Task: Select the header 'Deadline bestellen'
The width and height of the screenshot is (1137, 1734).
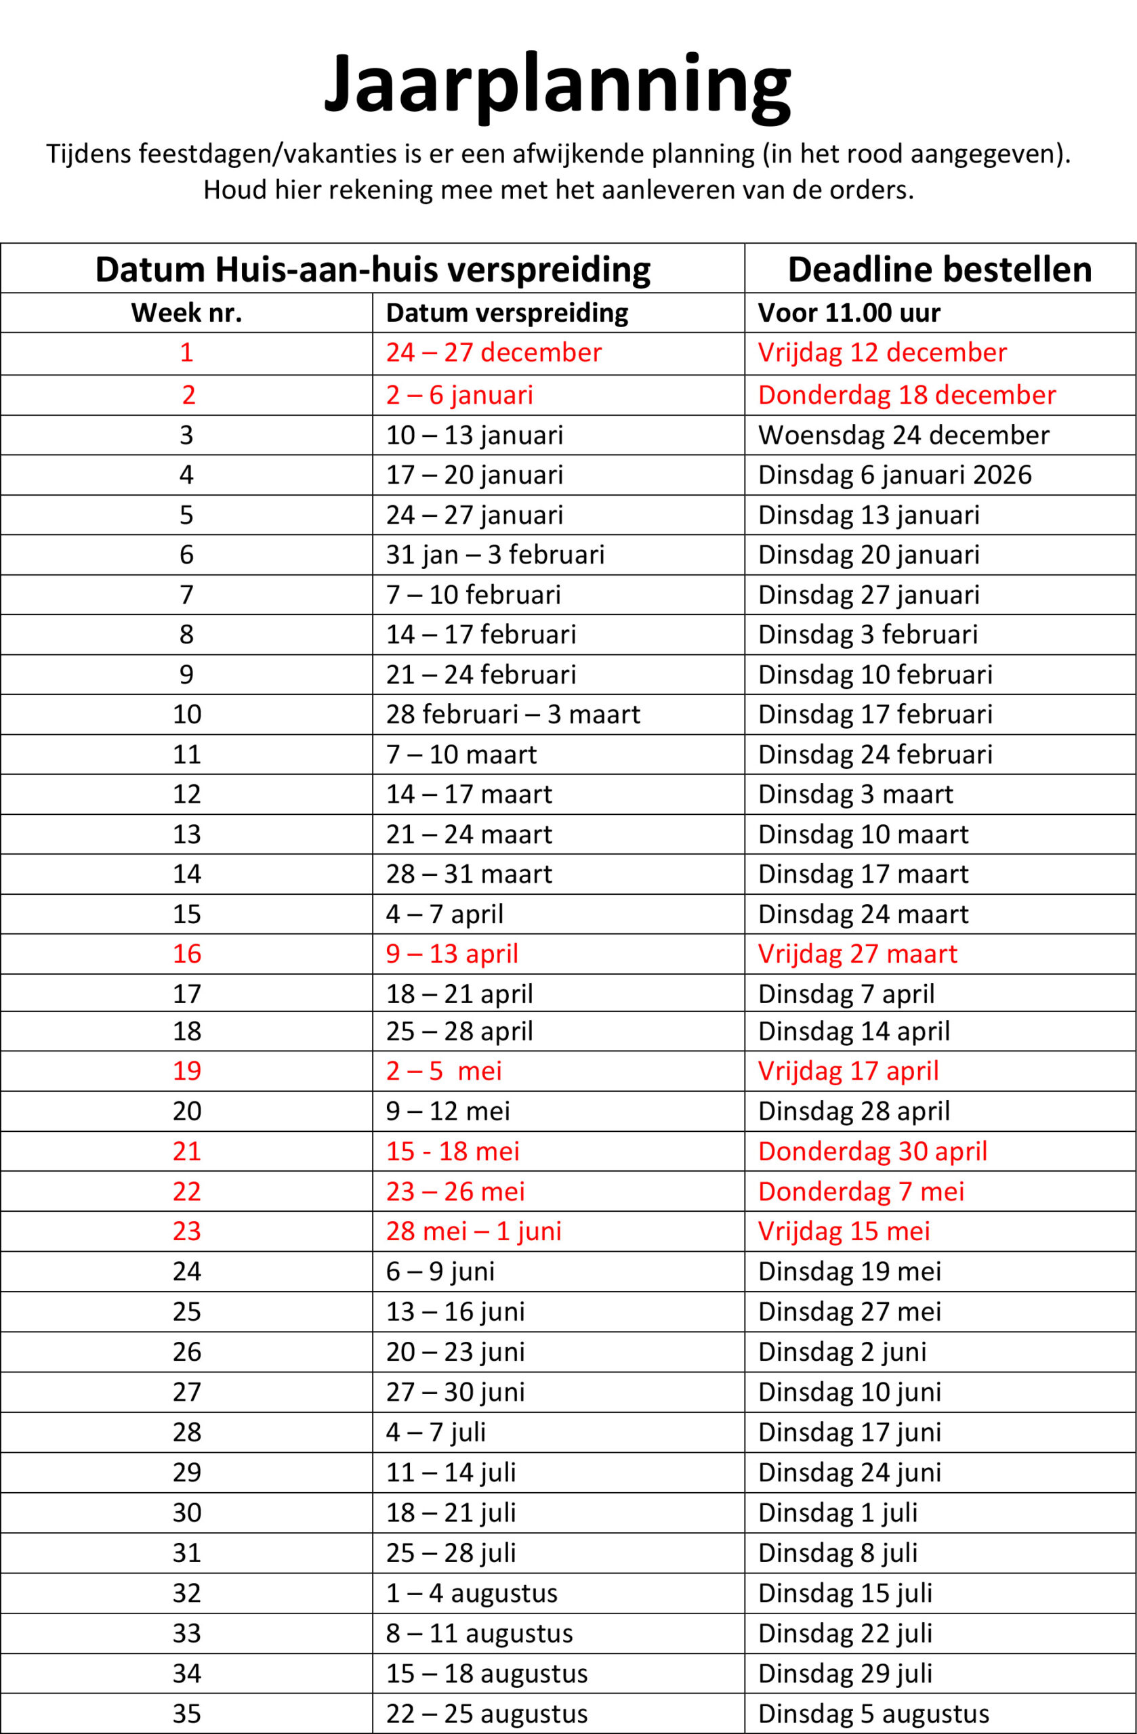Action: (x=940, y=270)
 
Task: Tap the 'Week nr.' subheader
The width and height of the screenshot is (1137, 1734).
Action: (x=186, y=312)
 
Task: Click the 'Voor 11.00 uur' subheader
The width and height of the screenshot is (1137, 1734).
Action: (x=849, y=312)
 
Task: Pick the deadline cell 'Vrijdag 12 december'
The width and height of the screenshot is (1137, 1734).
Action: (x=882, y=353)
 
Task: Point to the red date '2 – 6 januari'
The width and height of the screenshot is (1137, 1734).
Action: (x=459, y=395)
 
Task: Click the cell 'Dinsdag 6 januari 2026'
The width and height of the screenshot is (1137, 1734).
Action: (x=894, y=475)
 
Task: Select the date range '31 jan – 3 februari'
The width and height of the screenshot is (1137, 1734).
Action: (x=495, y=555)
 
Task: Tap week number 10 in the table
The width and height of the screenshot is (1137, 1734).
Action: (x=186, y=714)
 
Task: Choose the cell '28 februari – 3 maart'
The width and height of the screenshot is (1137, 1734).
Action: (x=513, y=714)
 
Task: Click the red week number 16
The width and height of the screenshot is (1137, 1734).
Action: (x=186, y=954)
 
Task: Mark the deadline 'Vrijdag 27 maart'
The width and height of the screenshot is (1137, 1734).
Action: (x=857, y=954)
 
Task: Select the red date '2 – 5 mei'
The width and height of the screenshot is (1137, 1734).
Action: (x=444, y=1071)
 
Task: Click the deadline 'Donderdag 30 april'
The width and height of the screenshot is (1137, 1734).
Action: (x=873, y=1151)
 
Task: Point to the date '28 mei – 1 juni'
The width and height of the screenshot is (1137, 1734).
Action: (x=474, y=1231)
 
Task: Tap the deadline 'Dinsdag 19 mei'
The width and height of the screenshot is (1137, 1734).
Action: (x=849, y=1271)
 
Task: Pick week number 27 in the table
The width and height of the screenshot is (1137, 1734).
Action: (x=186, y=1391)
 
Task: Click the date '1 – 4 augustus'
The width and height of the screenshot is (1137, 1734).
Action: (x=472, y=1592)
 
